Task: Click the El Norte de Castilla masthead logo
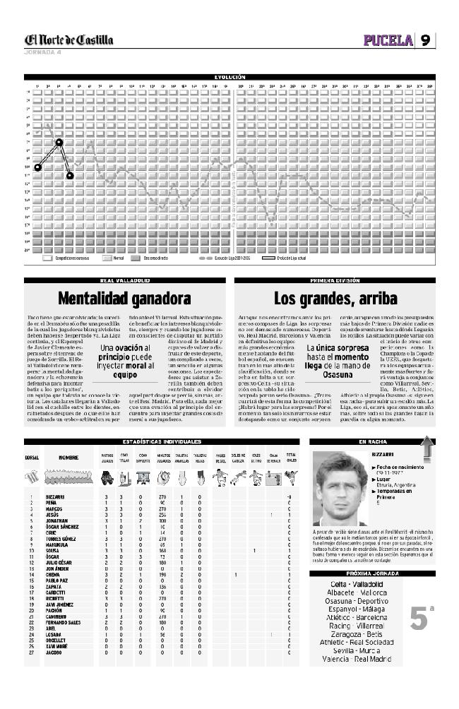coord(68,40)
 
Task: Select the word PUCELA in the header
coord(388,40)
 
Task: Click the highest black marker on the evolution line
coord(59,143)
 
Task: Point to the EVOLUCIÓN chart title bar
coord(229,76)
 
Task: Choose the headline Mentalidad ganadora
coord(124,298)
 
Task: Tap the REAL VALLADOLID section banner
coord(124,280)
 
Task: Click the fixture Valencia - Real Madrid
coord(357,658)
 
